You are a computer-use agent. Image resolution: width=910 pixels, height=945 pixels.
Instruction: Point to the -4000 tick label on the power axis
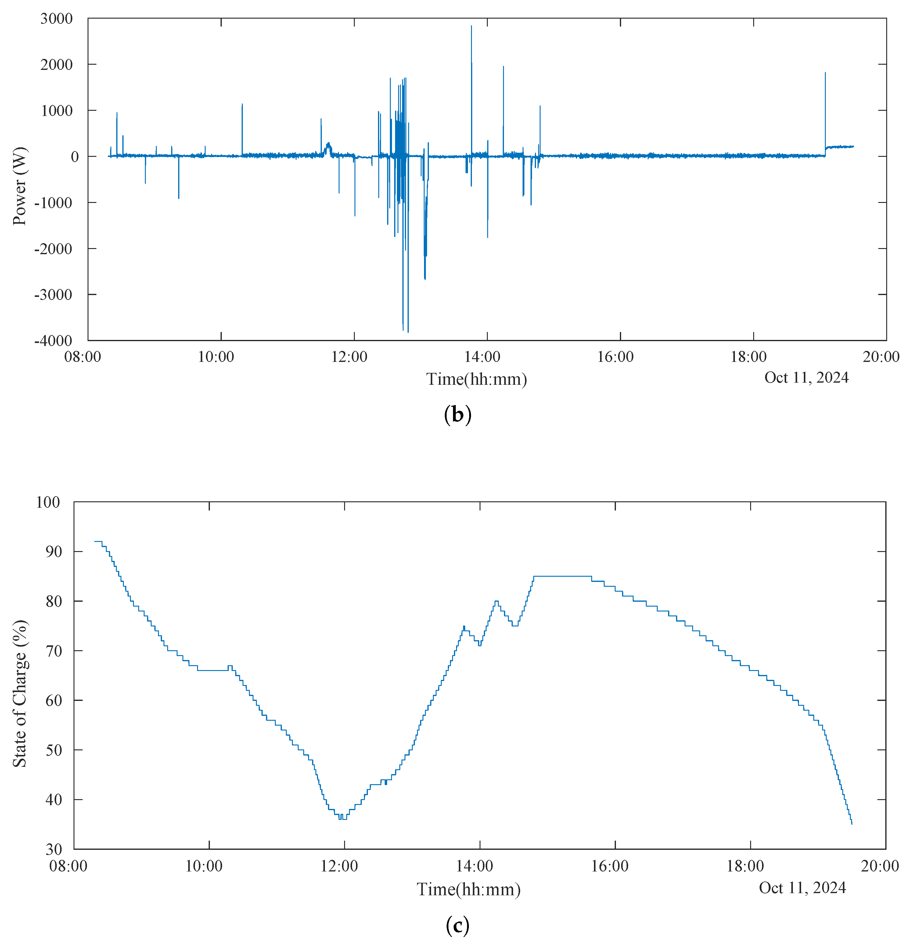click(x=53, y=341)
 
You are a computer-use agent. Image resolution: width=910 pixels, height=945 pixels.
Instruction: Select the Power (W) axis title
click(x=19, y=186)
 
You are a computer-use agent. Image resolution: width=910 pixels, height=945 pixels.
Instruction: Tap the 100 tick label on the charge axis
click(x=48, y=502)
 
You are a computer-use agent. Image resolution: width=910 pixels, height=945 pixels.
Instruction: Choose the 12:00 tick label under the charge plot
click(x=339, y=866)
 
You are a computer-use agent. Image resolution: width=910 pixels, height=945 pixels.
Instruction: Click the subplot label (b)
click(x=457, y=415)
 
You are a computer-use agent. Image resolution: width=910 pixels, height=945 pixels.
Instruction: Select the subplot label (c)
click(x=457, y=925)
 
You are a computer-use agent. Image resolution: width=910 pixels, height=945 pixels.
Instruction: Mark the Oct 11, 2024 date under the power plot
click(x=806, y=377)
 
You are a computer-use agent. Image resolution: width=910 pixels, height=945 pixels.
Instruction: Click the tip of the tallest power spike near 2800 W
click(x=471, y=26)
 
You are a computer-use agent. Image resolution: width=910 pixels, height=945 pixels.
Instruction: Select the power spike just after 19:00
click(x=825, y=73)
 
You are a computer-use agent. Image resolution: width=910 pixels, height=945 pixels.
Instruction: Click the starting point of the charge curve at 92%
click(x=95, y=541)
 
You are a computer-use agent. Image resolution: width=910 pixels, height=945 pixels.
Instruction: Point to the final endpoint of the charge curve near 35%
click(x=852, y=824)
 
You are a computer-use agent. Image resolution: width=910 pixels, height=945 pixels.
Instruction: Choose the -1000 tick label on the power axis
click(x=53, y=203)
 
